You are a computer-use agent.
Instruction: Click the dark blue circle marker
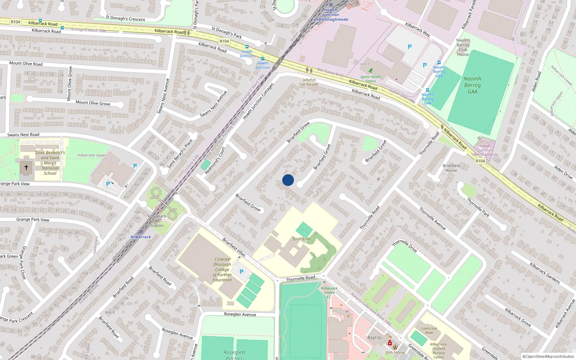tap(288, 180)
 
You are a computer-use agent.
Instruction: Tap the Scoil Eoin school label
tap(301, 239)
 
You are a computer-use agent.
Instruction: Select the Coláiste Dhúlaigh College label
tap(222, 269)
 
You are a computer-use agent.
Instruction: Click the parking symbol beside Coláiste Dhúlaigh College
tap(242, 272)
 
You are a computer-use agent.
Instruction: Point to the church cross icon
tap(26, 167)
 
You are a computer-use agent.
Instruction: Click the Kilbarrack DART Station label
tap(157, 221)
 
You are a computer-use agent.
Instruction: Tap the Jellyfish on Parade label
tap(310, 82)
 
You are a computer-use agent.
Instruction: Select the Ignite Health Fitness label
tap(370, 79)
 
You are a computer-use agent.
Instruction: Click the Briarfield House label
tap(451, 168)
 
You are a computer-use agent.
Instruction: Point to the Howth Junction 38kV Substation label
tap(485, 150)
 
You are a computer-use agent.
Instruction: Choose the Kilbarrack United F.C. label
tap(329, 292)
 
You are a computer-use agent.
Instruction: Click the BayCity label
tap(374, 338)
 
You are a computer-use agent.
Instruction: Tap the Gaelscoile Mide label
tap(429, 330)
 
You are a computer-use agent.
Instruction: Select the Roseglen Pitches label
tap(234, 355)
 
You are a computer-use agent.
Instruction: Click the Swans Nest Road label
tap(23, 135)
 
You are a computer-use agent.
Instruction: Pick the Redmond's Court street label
tap(215, 161)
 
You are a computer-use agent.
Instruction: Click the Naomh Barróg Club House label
tap(463, 47)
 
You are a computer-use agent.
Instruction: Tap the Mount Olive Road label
tap(26, 64)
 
